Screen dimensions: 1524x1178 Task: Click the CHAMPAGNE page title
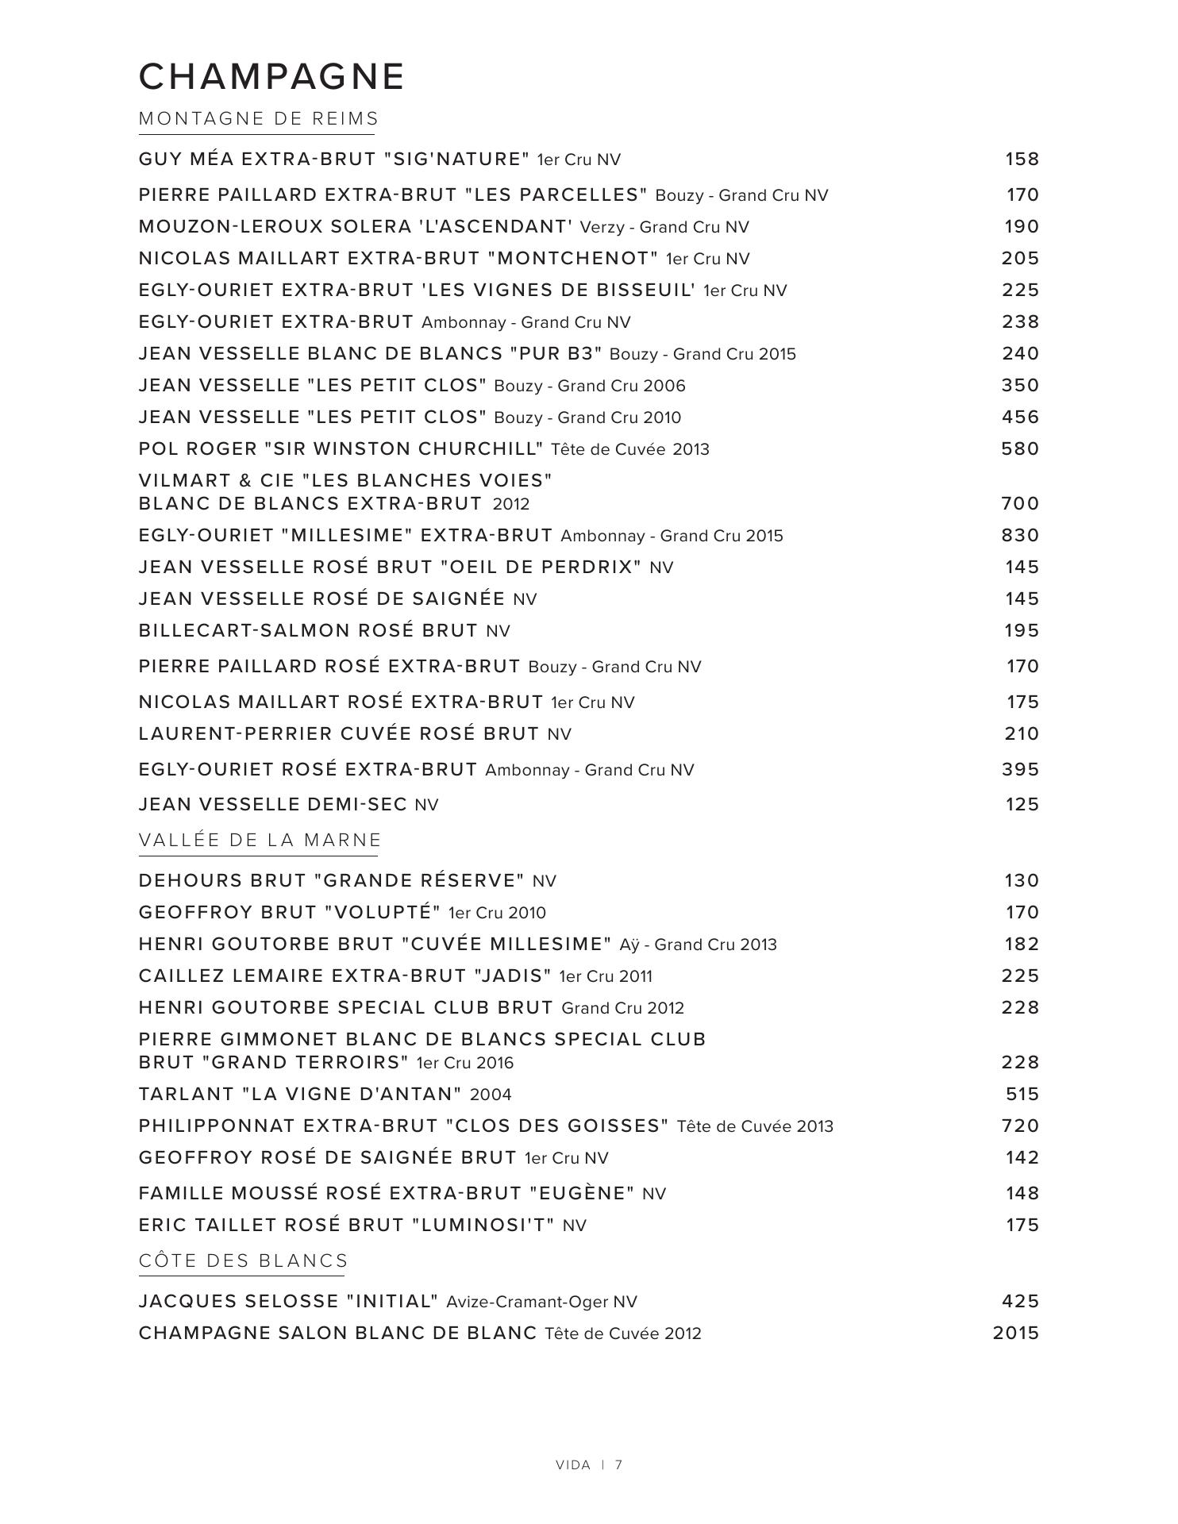(271, 77)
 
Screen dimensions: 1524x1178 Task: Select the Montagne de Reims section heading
(259, 119)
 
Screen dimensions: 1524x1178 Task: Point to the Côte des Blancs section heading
(243, 1261)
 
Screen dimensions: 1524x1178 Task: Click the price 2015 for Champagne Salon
(1015, 1333)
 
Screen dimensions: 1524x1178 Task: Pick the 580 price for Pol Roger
(1020, 448)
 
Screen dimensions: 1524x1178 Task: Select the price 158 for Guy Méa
(1022, 159)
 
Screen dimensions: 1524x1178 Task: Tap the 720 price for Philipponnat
(1020, 1126)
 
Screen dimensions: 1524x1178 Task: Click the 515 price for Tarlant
(1022, 1094)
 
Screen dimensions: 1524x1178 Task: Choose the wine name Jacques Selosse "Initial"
(288, 1301)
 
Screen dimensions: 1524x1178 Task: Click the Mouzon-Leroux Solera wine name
(355, 226)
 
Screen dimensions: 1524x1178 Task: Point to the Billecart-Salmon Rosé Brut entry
(308, 630)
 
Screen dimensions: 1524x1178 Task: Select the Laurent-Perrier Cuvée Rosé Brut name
(339, 733)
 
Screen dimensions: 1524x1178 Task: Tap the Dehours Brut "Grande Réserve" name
(331, 880)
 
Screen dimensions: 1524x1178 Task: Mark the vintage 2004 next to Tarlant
(491, 1095)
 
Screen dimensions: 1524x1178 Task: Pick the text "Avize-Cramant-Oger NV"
(541, 1302)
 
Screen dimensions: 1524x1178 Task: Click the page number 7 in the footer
(618, 1465)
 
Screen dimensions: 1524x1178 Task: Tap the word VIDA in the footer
(573, 1465)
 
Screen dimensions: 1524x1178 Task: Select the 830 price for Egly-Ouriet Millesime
(1020, 535)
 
